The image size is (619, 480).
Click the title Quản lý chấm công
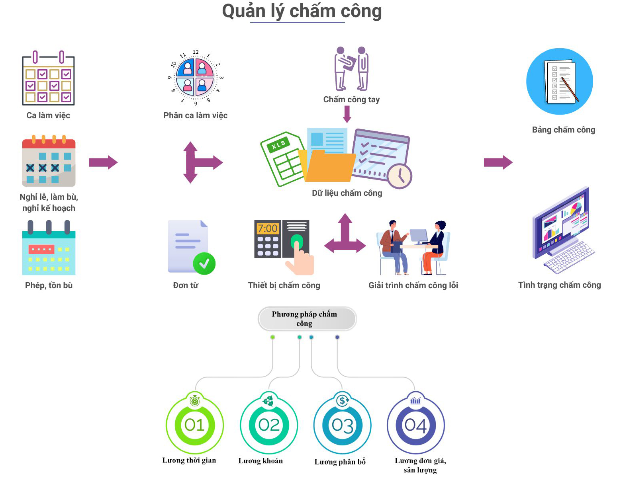[x=302, y=11]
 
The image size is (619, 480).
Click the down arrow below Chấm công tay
[x=347, y=114]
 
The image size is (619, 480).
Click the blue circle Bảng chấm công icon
[x=559, y=82]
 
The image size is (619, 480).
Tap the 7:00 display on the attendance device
[x=268, y=228]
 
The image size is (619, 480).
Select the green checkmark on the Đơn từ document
[x=204, y=263]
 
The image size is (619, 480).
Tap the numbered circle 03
[x=343, y=425]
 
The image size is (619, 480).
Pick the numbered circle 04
[x=416, y=425]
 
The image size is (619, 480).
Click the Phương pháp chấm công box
[x=307, y=319]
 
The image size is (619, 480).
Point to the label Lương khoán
[x=261, y=461]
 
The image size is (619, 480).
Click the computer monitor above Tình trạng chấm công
[x=562, y=227]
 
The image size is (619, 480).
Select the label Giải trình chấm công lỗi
[x=413, y=285]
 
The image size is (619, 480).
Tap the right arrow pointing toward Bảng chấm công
[x=498, y=162]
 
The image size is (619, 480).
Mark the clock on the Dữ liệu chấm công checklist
[x=400, y=176]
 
